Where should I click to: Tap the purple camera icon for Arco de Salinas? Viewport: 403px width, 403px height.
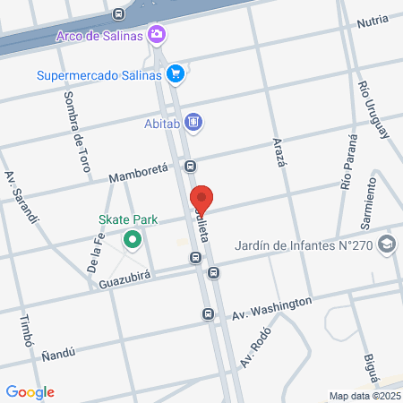coord(158,34)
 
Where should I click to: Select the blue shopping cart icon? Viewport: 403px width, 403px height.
coord(176,74)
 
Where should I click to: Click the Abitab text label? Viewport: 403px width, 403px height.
coord(163,123)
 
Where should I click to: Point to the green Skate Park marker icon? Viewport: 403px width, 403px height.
coord(133,240)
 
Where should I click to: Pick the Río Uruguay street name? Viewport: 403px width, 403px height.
coord(373,108)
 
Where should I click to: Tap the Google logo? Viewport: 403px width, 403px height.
coord(30,391)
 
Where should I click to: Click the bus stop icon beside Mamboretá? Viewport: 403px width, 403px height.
coord(190,166)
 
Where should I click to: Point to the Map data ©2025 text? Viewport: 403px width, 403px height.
coord(364,396)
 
